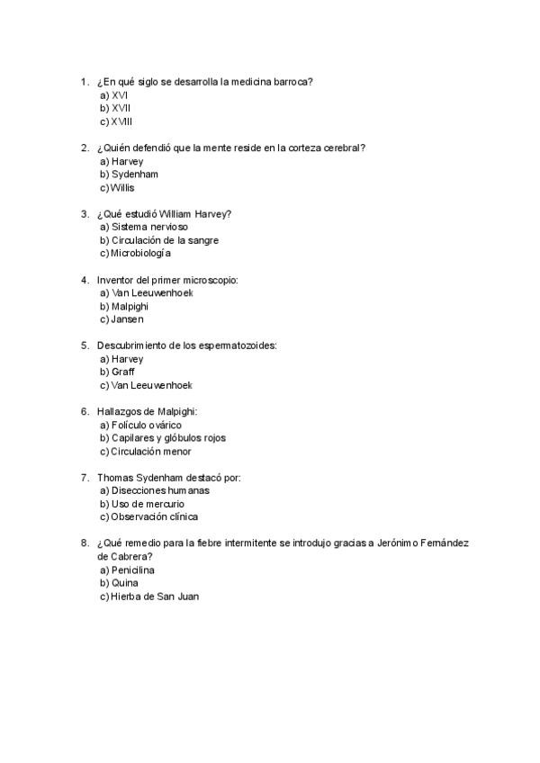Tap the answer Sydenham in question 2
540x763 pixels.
tap(135, 174)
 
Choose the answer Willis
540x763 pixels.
tap(122, 187)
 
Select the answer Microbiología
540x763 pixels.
tap(140, 253)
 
